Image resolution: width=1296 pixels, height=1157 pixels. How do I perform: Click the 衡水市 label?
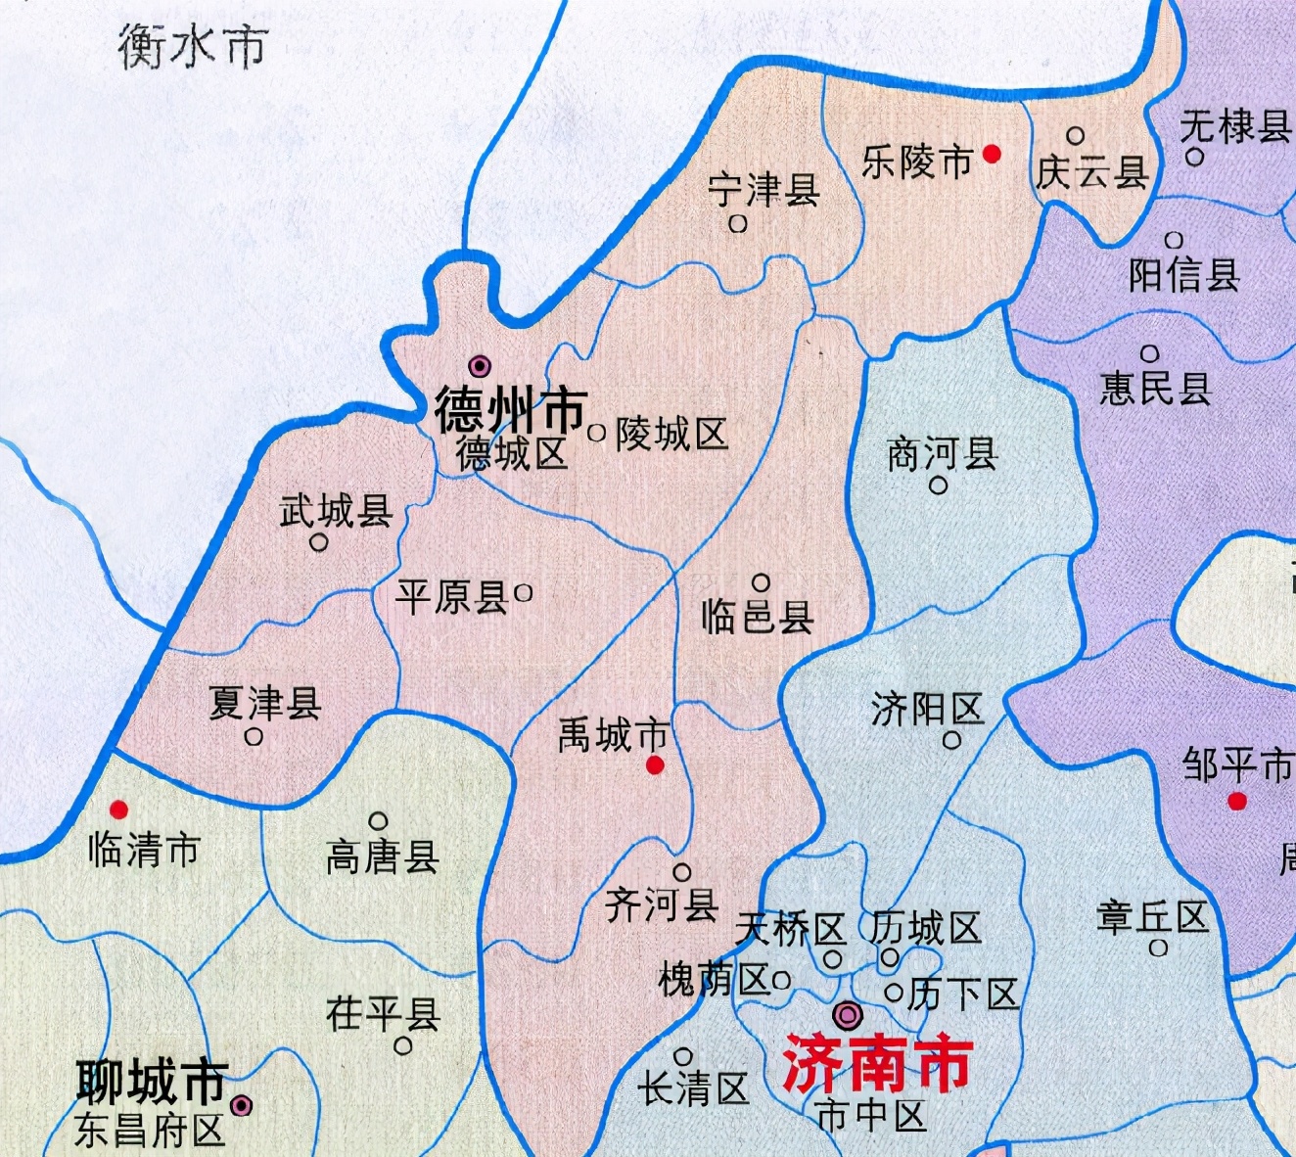coord(193,46)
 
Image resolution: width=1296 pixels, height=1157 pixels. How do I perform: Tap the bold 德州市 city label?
coord(510,409)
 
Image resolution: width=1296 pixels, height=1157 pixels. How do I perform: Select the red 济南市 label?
coord(877,1065)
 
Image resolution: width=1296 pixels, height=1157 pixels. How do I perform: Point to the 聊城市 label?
coord(153,1082)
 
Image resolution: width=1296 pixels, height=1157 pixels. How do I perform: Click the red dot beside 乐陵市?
coord(992,154)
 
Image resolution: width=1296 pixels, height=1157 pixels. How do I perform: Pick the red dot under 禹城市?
coord(655,764)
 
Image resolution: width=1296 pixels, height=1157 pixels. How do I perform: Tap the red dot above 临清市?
coord(118,810)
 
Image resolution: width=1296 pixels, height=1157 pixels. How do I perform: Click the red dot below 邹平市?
coord(1237,802)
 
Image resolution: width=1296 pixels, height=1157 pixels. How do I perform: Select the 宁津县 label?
coord(764,189)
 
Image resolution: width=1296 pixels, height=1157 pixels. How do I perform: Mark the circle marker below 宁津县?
coord(738,224)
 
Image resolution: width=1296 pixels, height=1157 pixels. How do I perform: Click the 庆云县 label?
coord(1091,173)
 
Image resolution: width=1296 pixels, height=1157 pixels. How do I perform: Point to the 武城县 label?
coord(336,510)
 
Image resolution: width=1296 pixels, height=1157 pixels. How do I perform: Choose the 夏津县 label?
coord(264,703)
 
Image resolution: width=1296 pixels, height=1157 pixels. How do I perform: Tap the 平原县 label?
coord(452,596)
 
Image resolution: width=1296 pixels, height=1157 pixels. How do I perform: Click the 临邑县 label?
coord(757,617)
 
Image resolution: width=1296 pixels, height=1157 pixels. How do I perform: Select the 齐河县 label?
coord(662,904)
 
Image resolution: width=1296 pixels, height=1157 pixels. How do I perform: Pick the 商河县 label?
coord(942,454)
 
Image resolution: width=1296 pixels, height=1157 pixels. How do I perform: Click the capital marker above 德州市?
coord(479,366)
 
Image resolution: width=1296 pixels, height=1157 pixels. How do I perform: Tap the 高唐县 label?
coord(382,857)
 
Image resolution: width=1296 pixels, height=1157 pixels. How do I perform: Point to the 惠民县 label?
coord(1155,389)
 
